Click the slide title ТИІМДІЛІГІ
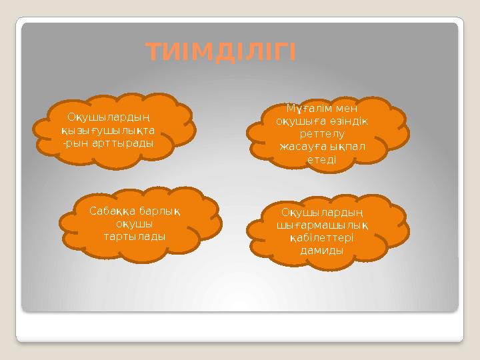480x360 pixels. [220, 51]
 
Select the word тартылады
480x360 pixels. [135, 236]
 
